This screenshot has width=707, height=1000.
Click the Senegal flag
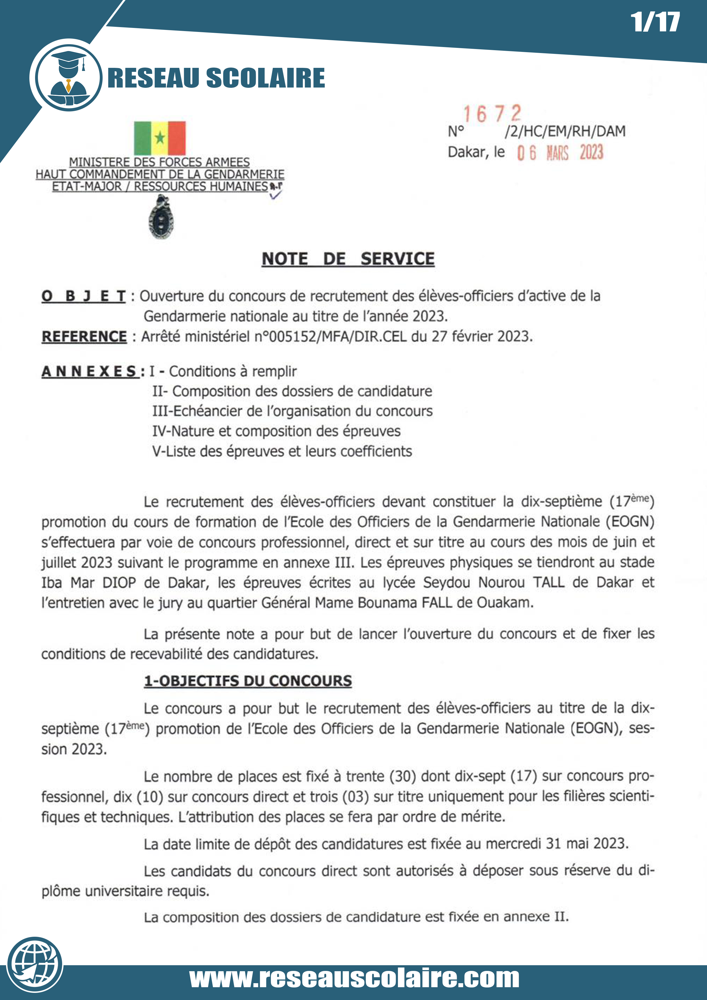pyautogui.click(x=159, y=138)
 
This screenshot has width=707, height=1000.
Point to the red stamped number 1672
pyautogui.click(x=492, y=114)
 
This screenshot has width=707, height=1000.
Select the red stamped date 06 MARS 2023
pyautogui.click(x=560, y=153)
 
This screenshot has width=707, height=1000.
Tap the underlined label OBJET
pyautogui.click(x=84, y=296)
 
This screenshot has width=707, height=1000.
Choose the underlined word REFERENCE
pyautogui.click(x=84, y=337)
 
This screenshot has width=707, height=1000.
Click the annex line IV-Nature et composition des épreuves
pyautogui.click(x=276, y=431)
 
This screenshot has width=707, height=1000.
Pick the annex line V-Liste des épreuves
pyautogui.click(x=282, y=451)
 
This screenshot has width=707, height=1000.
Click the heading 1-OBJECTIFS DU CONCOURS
pyautogui.click(x=248, y=681)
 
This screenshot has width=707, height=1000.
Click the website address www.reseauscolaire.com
pyautogui.click(x=354, y=979)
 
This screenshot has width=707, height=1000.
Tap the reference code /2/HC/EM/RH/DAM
pyautogui.click(x=565, y=131)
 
